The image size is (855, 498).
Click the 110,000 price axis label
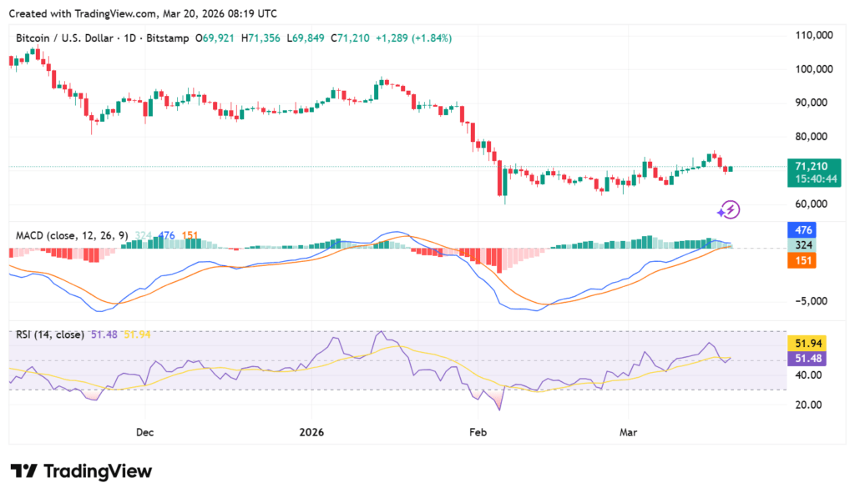pyautogui.click(x=816, y=36)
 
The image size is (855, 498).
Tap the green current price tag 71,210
pyautogui.click(x=816, y=167)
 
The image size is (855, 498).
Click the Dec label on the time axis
pyautogui.click(x=144, y=433)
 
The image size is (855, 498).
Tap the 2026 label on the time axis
pyautogui.click(x=311, y=433)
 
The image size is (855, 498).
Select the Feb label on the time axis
pyautogui.click(x=477, y=433)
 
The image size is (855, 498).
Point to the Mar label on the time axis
pyautogui.click(x=629, y=433)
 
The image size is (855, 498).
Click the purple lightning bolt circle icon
pyautogui.click(x=730, y=209)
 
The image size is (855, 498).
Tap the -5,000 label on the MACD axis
pyautogui.click(x=816, y=301)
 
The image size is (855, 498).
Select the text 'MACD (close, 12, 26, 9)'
pyautogui.click(x=72, y=236)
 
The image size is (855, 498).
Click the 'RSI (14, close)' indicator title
pyautogui.click(x=50, y=335)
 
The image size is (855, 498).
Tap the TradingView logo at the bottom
pyautogui.click(x=82, y=471)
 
